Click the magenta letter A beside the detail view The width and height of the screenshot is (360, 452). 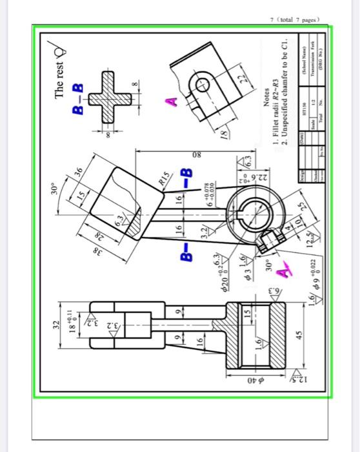(x=171, y=101)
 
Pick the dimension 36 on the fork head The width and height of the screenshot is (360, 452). (x=75, y=172)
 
